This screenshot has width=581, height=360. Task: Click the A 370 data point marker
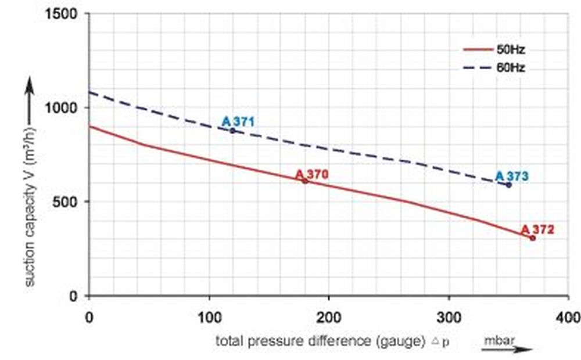tap(305, 181)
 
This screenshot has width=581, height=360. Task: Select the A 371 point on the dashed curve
tap(233, 131)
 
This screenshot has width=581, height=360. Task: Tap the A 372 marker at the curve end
tap(532, 237)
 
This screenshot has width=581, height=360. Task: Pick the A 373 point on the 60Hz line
tap(508, 185)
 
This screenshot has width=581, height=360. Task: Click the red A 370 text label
tap(312, 174)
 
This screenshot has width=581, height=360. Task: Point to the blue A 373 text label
tap(512, 176)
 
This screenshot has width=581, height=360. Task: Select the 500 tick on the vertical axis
tap(67, 202)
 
